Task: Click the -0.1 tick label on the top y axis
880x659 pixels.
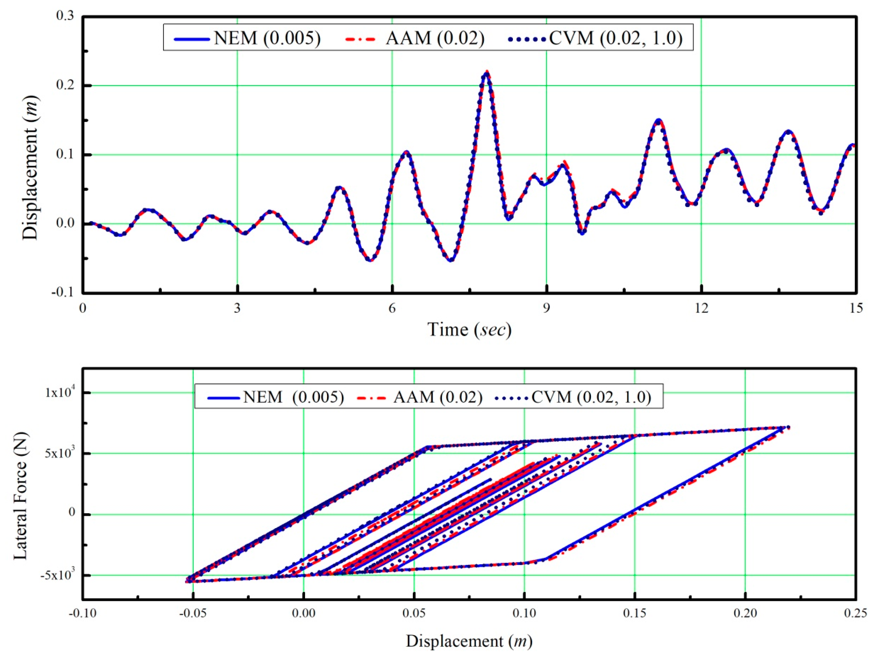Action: point(63,292)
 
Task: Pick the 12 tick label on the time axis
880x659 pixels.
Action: point(701,308)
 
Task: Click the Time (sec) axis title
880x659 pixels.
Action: point(470,329)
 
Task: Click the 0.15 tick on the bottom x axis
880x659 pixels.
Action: point(635,613)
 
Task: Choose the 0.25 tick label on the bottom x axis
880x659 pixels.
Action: point(855,613)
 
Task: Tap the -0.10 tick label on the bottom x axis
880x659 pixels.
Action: point(82,613)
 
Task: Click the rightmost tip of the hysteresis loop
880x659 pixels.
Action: point(788,428)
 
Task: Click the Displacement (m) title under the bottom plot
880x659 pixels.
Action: point(469,641)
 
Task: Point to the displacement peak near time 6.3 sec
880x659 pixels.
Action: point(406,152)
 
